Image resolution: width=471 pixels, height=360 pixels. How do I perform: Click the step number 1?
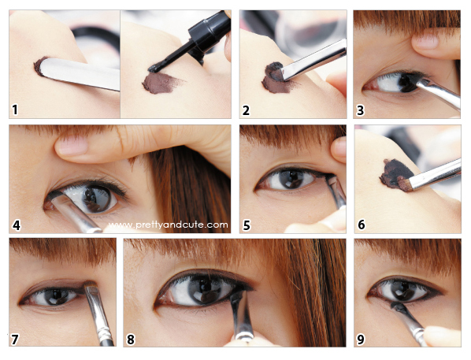point(15,109)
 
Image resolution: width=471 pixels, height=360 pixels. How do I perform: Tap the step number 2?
point(246,110)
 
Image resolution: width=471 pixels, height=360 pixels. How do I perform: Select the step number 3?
point(360,110)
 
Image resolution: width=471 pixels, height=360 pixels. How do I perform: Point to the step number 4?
point(17,225)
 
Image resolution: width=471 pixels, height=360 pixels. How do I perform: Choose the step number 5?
point(247,225)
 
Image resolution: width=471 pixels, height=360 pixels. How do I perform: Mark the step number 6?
point(362,225)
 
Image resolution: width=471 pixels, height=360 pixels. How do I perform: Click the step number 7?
point(15,340)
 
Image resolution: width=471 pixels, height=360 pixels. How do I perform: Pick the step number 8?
point(131,340)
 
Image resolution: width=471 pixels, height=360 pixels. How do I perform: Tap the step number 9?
point(361,340)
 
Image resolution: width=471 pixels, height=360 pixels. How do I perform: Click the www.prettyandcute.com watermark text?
point(168,225)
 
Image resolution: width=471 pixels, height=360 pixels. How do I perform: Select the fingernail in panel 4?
point(72,146)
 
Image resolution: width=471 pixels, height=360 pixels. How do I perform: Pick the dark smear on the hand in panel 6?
point(395,174)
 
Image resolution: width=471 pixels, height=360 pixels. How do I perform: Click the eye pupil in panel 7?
point(56,296)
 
